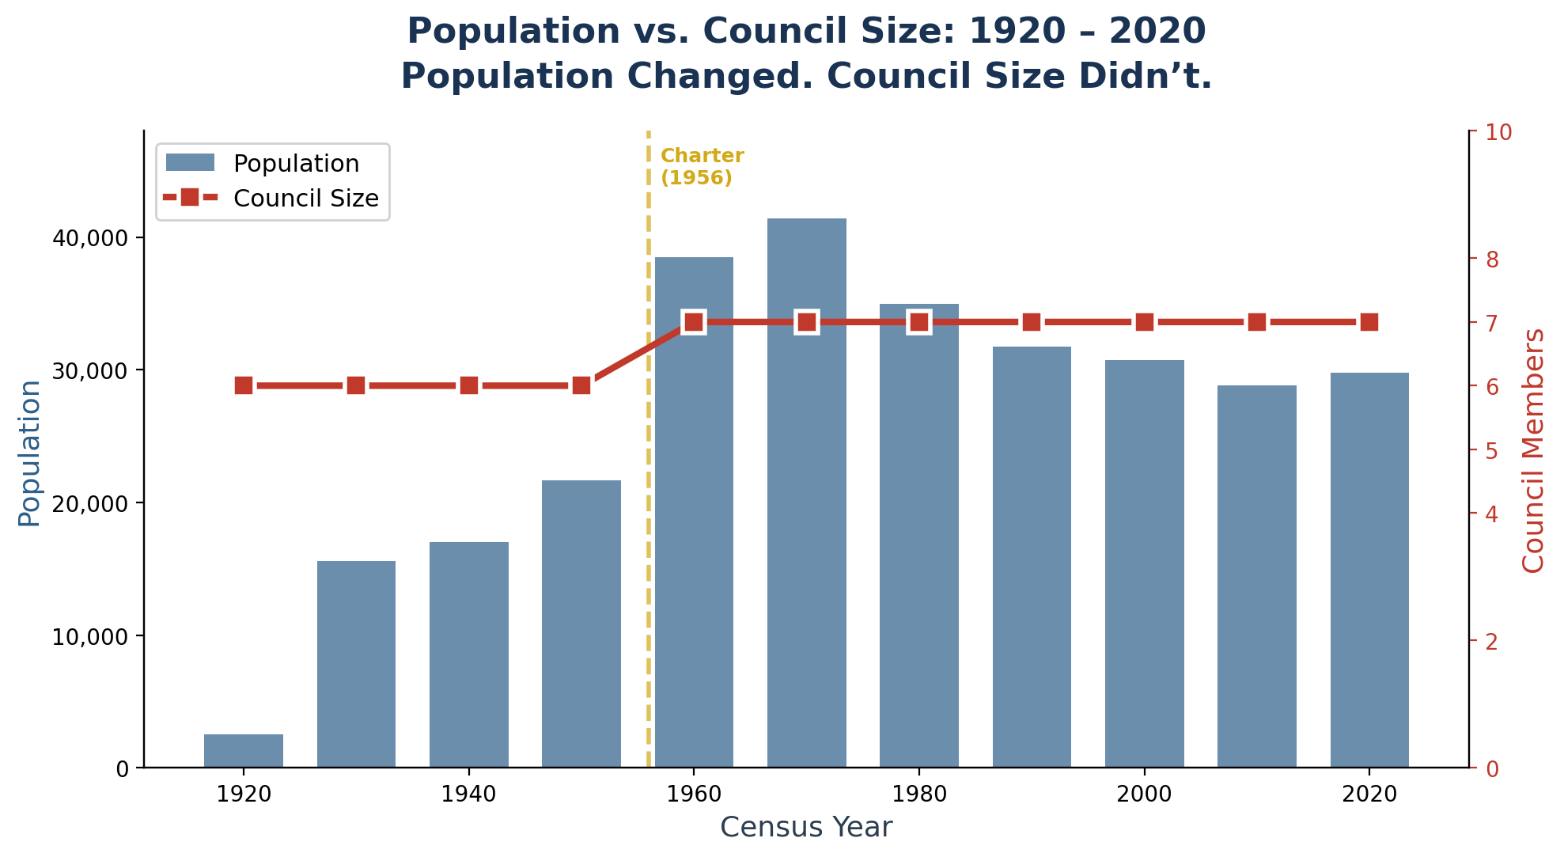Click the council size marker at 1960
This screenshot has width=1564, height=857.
(x=694, y=322)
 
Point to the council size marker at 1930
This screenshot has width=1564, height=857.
(x=356, y=385)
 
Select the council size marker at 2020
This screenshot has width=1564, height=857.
(x=1369, y=322)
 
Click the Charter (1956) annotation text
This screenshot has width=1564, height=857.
(x=702, y=167)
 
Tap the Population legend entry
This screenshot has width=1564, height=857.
(x=295, y=164)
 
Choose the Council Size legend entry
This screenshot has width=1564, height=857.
(x=305, y=199)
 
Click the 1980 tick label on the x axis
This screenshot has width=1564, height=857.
(x=918, y=794)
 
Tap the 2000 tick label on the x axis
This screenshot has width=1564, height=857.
(x=1143, y=794)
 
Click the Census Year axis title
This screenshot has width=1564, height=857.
(x=806, y=828)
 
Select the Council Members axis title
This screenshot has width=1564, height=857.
(x=1533, y=450)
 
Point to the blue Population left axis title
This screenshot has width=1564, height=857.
(x=29, y=453)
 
